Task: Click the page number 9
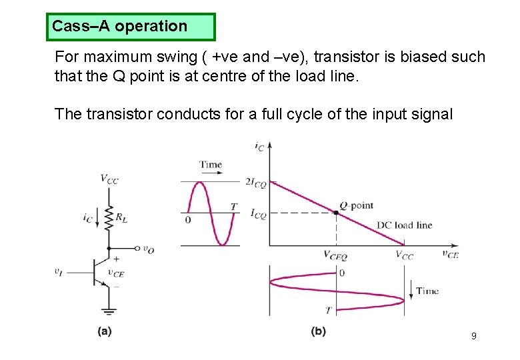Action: coord(473,336)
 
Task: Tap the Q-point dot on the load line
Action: coord(336,213)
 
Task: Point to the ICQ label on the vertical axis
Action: coord(258,214)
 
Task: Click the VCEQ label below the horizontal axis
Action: coord(335,255)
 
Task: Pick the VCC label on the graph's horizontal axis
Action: coord(404,255)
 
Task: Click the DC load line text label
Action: coord(404,225)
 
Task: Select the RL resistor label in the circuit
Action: coord(123,216)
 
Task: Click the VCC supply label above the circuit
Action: coord(110,178)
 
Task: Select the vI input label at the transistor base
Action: coord(59,271)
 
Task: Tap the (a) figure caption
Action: coord(105,331)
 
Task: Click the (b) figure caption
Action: coord(318,331)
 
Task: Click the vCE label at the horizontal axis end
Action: coord(450,253)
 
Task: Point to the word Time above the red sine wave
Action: coord(211,164)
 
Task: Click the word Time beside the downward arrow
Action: coord(427,291)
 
